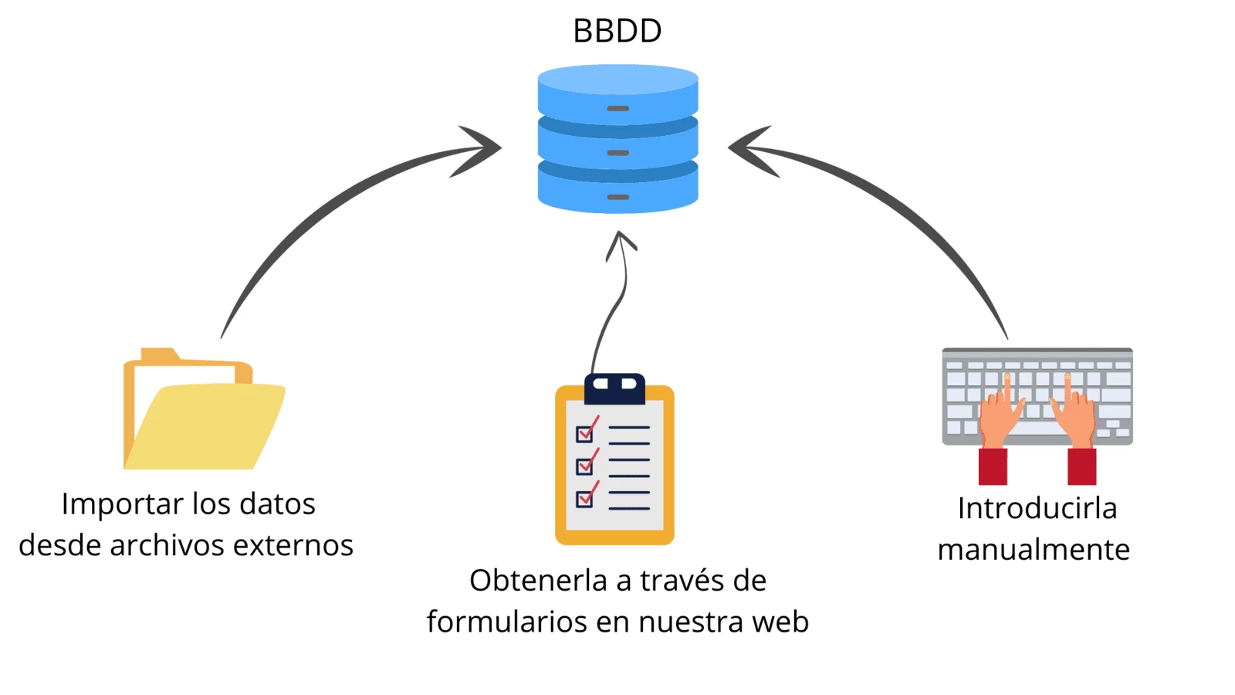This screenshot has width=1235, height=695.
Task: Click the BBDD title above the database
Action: coord(617,31)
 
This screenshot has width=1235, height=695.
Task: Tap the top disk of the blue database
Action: coord(617,93)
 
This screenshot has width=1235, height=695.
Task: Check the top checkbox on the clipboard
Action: coord(584,433)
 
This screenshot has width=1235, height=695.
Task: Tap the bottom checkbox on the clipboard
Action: coord(584,499)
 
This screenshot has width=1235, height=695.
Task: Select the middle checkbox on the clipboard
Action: coord(584,466)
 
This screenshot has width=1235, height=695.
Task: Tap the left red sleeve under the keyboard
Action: coord(993,466)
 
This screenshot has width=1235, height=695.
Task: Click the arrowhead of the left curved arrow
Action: coord(482,148)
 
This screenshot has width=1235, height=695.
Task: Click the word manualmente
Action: coord(1034,550)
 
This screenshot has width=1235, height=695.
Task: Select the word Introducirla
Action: coord(1037,508)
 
